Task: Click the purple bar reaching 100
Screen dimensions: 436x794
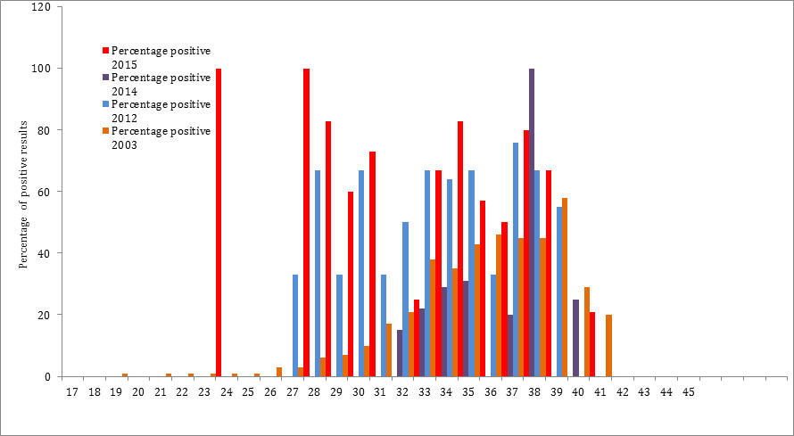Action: tap(532, 222)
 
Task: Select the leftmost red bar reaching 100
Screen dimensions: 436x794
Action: tap(219, 222)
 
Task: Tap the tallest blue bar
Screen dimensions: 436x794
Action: tap(516, 259)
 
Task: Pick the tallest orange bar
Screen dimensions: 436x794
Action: tap(565, 286)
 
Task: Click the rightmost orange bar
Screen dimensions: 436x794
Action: tap(608, 345)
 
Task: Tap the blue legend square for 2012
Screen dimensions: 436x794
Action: tap(105, 105)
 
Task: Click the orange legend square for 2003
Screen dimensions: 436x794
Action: tap(105, 132)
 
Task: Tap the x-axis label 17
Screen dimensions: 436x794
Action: tap(72, 391)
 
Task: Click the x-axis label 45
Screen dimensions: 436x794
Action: tap(688, 391)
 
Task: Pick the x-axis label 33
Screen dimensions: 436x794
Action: tap(424, 391)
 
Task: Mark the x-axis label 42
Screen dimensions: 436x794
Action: tap(622, 391)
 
